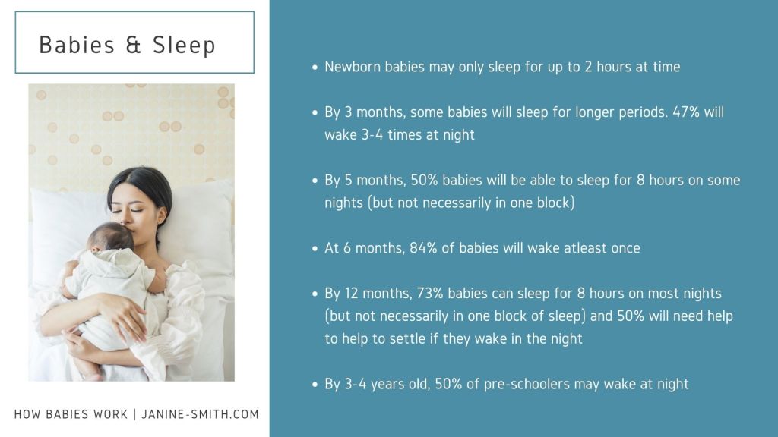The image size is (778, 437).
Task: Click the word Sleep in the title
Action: [184, 45]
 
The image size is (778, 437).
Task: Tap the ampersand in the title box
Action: [134, 45]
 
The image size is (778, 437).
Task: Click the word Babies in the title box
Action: [77, 45]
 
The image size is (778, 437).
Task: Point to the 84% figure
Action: [423, 248]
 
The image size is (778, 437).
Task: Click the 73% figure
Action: [430, 294]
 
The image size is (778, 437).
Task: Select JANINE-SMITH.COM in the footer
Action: [200, 414]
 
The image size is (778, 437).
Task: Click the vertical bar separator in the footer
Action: [134, 414]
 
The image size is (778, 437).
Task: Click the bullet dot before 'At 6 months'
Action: [315, 248]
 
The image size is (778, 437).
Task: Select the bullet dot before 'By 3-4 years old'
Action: [315, 385]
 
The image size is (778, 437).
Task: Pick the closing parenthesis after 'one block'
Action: [572, 203]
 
